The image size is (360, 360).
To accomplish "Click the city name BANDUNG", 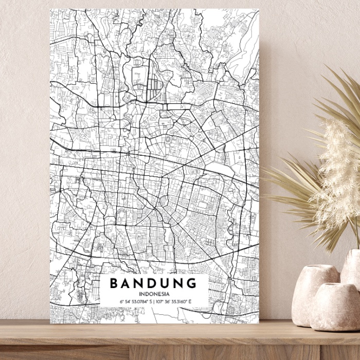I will tap(153, 283).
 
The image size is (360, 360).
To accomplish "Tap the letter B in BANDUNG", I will tap(114, 283).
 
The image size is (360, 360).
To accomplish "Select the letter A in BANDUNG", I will tap(127, 283).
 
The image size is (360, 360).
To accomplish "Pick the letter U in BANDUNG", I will tap(166, 283).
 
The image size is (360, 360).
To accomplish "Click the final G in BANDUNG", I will tap(191, 283).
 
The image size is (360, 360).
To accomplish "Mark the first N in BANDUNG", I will tap(139, 283).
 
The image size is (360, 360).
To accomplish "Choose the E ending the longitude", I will tap(190, 302).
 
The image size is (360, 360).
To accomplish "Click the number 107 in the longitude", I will tap(159, 302).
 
